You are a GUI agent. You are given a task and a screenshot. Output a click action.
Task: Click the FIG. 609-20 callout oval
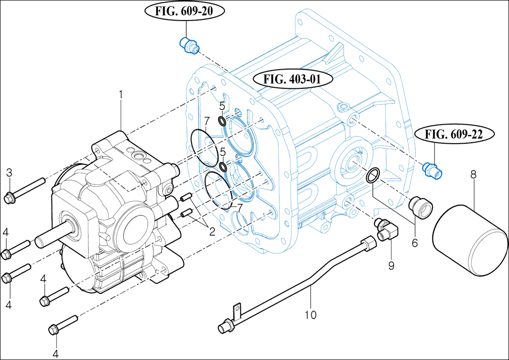pyautogui.click(x=185, y=11)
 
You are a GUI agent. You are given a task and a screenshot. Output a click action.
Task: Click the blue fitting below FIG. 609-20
pyautogui.click(x=188, y=45)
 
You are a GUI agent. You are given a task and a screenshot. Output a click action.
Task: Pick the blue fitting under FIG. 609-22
pyautogui.click(x=432, y=170)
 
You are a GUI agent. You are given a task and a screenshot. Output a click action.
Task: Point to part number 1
pyautogui.click(x=121, y=92)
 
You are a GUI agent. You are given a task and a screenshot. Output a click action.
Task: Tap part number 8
pyautogui.click(x=474, y=174)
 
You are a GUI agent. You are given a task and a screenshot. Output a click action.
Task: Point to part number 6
pyautogui.click(x=415, y=242)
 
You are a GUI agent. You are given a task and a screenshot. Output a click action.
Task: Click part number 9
pyautogui.click(x=391, y=265)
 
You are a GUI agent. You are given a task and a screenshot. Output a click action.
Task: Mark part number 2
pyautogui.click(x=212, y=231)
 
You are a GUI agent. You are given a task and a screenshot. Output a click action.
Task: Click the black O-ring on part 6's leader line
pyautogui.click(x=373, y=174)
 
